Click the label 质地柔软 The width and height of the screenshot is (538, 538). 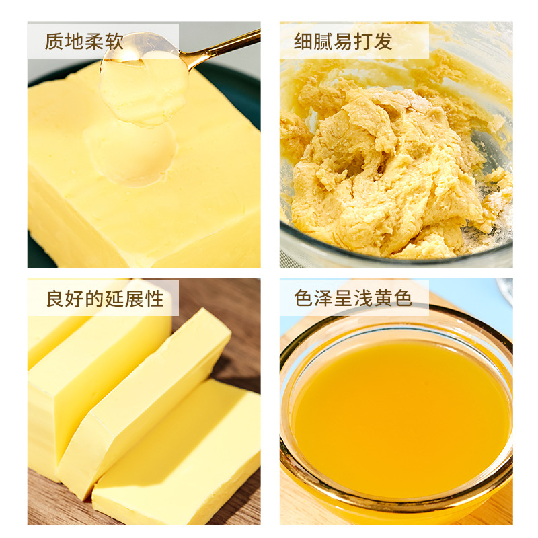click(x=84, y=42)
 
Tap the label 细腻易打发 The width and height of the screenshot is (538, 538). click(x=343, y=42)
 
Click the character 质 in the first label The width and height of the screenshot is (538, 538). click(x=54, y=42)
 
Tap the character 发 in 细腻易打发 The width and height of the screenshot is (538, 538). click(x=383, y=42)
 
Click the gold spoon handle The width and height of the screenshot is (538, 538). click(x=222, y=49)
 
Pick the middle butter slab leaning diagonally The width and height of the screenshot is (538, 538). click(x=145, y=403)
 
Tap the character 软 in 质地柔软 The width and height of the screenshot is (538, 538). click(x=114, y=42)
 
